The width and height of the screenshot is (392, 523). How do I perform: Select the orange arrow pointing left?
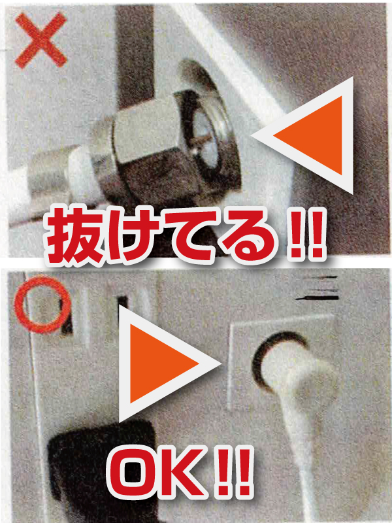pyautogui.click(x=309, y=135)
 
